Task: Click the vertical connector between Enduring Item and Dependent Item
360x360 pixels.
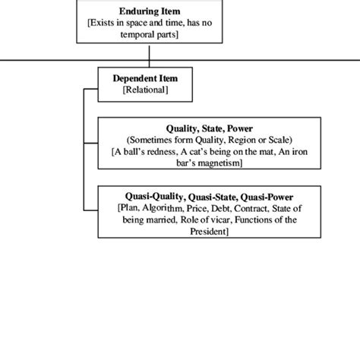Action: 150,55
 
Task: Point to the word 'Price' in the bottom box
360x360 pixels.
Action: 195,207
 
